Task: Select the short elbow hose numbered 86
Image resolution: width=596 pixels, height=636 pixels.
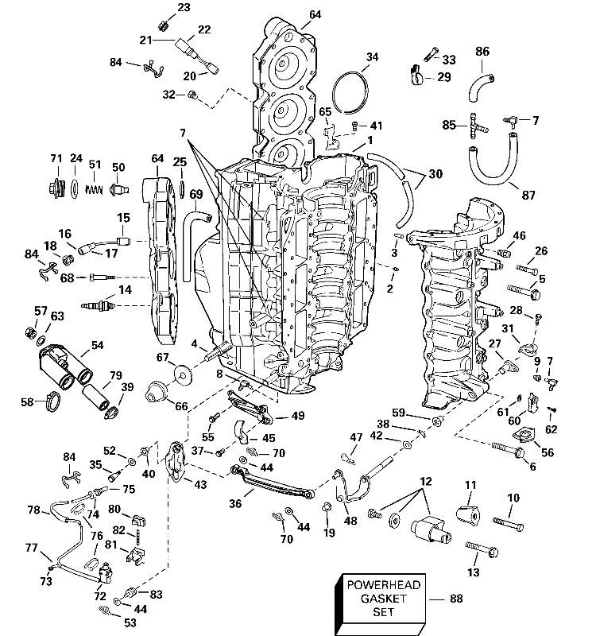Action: tap(481, 79)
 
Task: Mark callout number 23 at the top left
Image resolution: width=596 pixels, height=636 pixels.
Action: tap(184, 8)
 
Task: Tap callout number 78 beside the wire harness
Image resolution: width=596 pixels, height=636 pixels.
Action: tap(33, 510)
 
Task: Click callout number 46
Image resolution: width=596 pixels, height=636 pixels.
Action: tap(519, 235)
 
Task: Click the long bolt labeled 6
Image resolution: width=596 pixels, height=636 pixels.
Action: tap(507, 452)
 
